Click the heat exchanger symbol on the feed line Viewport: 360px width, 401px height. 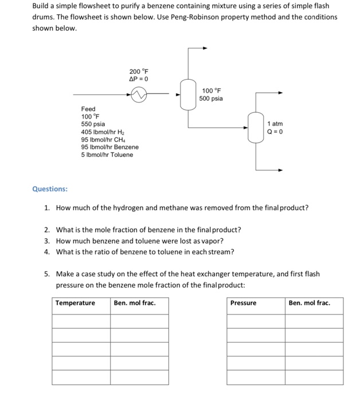(139, 94)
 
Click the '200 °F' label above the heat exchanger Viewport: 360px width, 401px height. (139, 71)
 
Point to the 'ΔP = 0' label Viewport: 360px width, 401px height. (139, 79)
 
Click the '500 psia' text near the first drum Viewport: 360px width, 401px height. (211, 99)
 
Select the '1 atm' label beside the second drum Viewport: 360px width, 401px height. (275, 124)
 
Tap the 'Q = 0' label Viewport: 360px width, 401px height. (275, 132)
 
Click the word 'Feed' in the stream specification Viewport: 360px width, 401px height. (88, 109)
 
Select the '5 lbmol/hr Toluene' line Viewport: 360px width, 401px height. (107, 155)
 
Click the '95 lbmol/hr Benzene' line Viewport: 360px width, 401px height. (109, 147)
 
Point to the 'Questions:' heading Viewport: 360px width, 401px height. (49, 188)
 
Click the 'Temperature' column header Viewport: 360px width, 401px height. (75, 302)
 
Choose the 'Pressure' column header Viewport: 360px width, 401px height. (243, 302)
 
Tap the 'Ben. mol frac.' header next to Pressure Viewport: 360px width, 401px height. (310, 302)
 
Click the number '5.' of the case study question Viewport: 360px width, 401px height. (48, 274)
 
